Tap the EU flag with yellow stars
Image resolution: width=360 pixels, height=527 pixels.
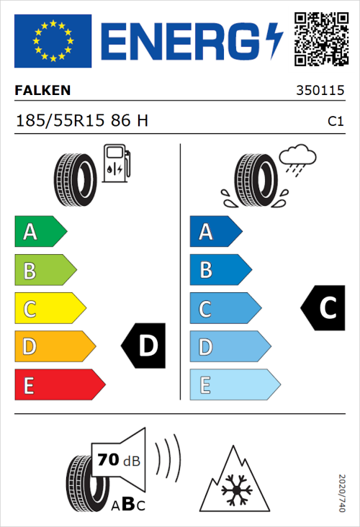pyautogui.click(x=53, y=41)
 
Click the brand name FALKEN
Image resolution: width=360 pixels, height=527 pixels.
pyautogui.click(x=43, y=91)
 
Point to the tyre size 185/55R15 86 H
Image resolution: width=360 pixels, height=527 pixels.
pyautogui.click(x=82, y=121)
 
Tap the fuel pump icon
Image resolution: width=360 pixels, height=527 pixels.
pyautogui.click(x=116, y=164)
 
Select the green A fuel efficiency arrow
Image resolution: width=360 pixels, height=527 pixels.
pyautogui.click(x=39, y=232)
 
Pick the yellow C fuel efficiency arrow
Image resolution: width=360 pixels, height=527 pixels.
pyautogui.click(x=48, y=309)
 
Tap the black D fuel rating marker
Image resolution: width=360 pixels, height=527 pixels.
pyautogui.click(x=144, y=346)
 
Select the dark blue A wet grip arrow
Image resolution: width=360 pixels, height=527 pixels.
pyautogui.click(x=215, y=232)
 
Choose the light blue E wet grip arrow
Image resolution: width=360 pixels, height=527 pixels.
pyautogui.click(x=233, y=385)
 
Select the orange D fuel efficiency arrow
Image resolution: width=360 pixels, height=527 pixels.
pyautogui.click(x=53, y=347)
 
